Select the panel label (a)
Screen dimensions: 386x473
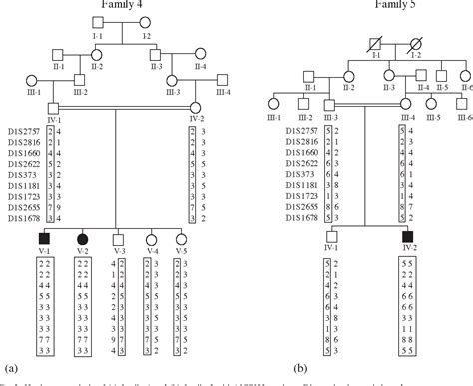[9, 369]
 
